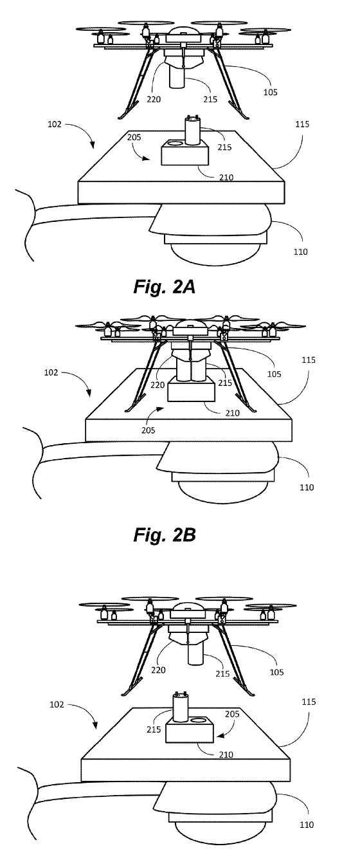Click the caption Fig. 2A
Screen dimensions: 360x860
click(165, 287)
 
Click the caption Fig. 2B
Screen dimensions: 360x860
click(165, 535)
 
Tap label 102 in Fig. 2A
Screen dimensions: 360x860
click(54, 124)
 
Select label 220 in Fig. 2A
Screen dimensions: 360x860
click(154, 100)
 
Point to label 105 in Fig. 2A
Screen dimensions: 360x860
click(270, 92)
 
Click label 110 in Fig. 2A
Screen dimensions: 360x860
click(300, 252)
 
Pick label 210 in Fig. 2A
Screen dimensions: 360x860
click(226, 177)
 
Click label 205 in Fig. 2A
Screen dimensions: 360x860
click(134, 137)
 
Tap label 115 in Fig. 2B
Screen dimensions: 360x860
click(309, 360)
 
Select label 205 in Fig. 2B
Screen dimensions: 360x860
click(148, 430)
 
